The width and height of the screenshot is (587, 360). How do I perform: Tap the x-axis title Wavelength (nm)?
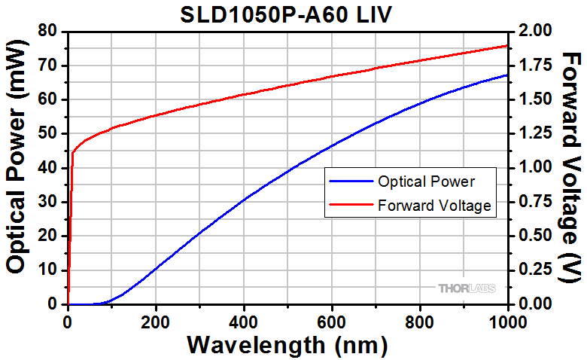(x=288, y=345)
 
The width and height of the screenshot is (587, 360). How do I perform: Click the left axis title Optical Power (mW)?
(x=20, y=167)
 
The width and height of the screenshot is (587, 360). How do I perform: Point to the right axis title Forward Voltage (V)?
(x=571, y=167)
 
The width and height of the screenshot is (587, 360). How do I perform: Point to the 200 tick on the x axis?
(x=156, y=319)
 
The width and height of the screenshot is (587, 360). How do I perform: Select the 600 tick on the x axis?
(x=332, y=319)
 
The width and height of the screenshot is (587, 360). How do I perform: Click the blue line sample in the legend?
(x=352, y=182)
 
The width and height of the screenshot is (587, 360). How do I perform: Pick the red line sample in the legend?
(x=352, y=204)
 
